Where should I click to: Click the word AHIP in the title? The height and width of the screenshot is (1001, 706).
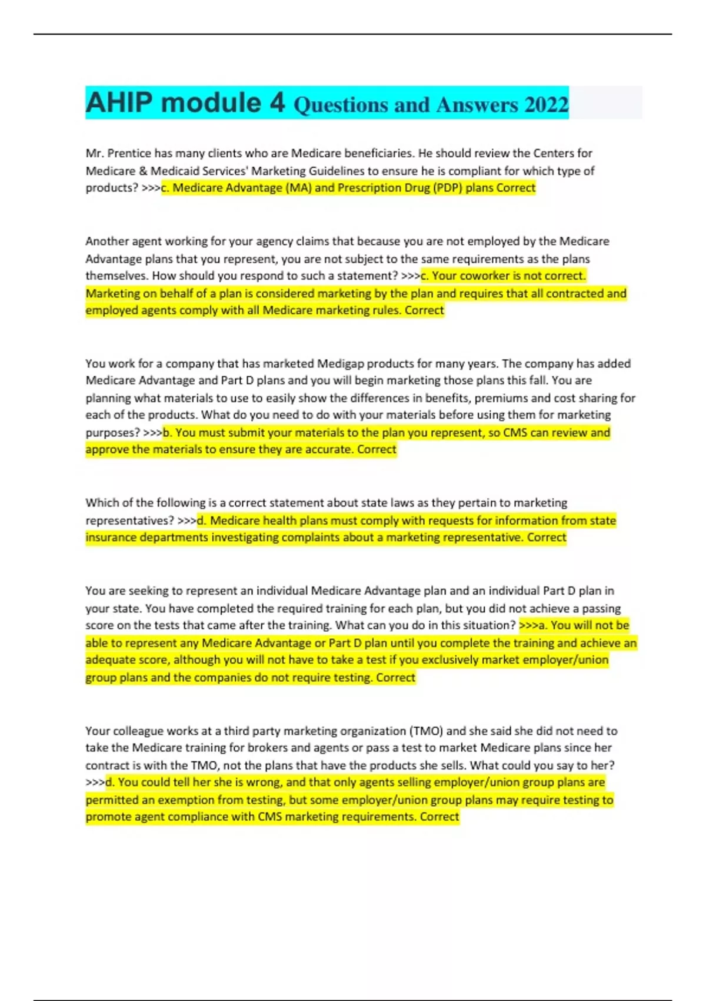[x=119, y=102]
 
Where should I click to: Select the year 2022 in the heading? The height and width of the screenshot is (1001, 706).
[x=546, y=105]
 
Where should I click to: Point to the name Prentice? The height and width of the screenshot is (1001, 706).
[x=129, y=153]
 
